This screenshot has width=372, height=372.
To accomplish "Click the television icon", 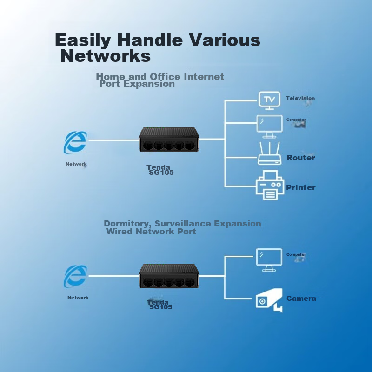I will point(269,99).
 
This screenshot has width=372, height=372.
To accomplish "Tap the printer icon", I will point(270,185).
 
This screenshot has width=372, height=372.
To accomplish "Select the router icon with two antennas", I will point(270,153).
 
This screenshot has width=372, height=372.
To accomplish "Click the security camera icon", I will point(269,300).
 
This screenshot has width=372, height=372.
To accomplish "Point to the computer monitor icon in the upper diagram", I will point(270,126).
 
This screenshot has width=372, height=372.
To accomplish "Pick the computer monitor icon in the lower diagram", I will point(269,259).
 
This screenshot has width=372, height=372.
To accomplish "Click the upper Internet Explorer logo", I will point(75,142).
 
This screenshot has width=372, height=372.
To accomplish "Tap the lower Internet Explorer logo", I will point(75,276).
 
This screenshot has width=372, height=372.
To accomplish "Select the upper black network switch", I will point(169,139).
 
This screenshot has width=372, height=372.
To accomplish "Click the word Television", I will point(300,98).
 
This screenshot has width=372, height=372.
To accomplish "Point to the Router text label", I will point(300,158).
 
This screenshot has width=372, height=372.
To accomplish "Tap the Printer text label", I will point(300,187).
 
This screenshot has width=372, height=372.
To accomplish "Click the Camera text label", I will point(301,299).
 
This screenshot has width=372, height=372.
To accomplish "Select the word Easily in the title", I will point(83,40).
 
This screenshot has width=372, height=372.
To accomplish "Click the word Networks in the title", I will point(106,56).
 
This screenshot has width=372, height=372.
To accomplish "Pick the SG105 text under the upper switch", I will point(161,173).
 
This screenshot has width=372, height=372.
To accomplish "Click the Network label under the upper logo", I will point(76,164).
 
